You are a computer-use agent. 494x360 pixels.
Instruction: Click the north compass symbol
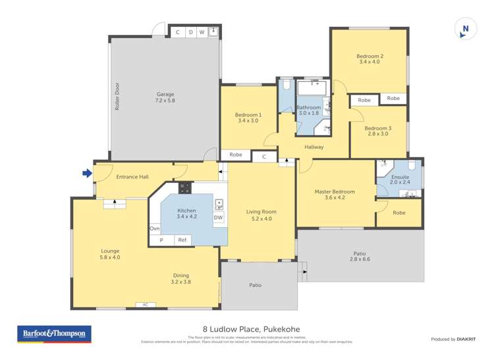[466, 28]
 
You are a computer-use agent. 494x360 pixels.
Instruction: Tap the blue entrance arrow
[86, 174]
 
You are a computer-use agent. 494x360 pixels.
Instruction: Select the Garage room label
[165, 93]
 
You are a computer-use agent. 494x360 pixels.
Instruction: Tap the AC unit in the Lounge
[145, 304]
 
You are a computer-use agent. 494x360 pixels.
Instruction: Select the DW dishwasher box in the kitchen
[218, 217]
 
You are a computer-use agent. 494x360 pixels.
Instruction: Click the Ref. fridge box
[183, 240]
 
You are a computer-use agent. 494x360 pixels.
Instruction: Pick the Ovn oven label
[155, 228]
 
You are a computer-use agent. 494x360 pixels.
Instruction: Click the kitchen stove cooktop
[185, 188]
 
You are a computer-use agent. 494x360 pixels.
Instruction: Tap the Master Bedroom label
[334, 192]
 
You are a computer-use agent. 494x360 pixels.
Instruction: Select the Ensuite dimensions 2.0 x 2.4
[400, 183]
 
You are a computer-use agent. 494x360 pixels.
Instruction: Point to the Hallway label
[314, 147]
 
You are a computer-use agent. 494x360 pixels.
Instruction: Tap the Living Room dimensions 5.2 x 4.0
[261, 219]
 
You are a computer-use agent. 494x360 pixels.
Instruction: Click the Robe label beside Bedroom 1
[236, 155]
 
